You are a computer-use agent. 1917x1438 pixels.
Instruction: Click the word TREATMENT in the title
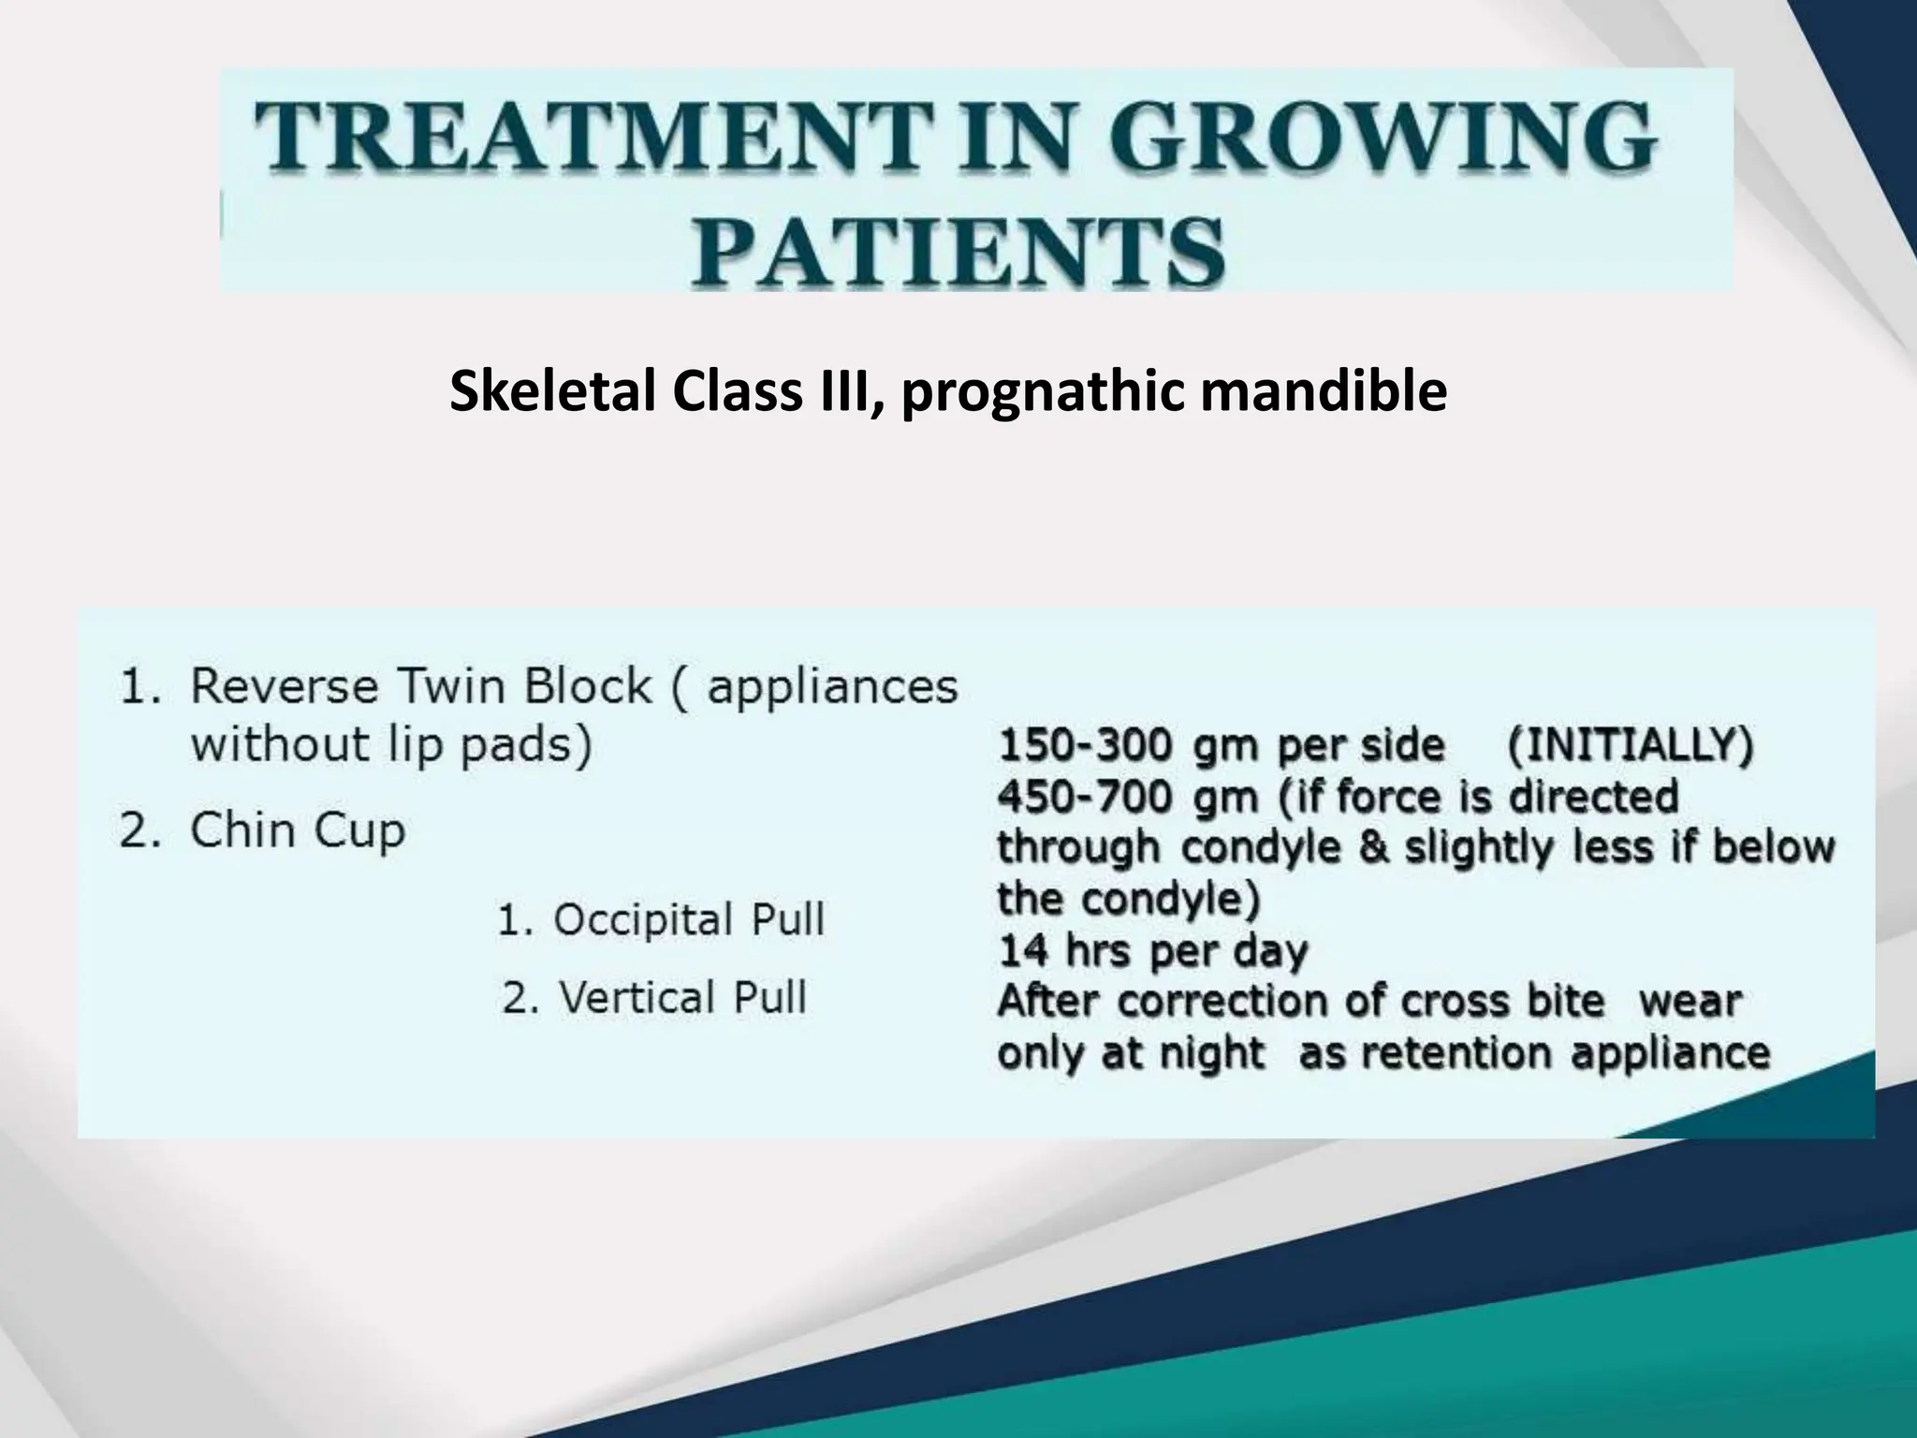pos(594,138)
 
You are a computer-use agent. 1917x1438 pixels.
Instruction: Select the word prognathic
pos(1046,391)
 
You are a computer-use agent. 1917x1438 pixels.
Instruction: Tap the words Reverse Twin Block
pos(419,686)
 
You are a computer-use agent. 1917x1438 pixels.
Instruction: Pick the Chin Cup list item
pos(298,830)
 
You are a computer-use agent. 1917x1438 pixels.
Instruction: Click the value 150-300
pos(1085,746)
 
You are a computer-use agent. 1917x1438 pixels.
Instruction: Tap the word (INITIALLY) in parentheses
pos(1630,746)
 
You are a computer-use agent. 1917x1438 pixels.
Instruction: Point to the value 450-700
pos(1085,798)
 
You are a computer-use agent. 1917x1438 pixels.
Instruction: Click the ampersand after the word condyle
pos(1374,848)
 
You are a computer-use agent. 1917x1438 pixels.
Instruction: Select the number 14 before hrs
pos(1022,951)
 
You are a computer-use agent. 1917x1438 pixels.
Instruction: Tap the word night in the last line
pos(1212,1054)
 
